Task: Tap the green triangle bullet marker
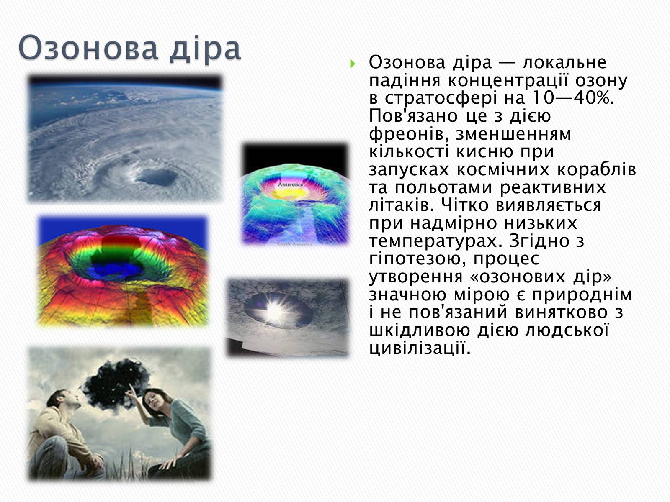pyautogui.click(x=353, y=64)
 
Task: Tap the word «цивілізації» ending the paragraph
pyautogui.click(x=420, y=348)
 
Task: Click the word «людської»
pyautogui.click(x=567, y=331)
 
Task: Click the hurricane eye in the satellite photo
pyautogui.click(x=157, y=177)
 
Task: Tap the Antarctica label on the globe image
pyautogui.click(x=290, y=184)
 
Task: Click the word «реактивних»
pyautogui.click(x=552, y=187)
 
